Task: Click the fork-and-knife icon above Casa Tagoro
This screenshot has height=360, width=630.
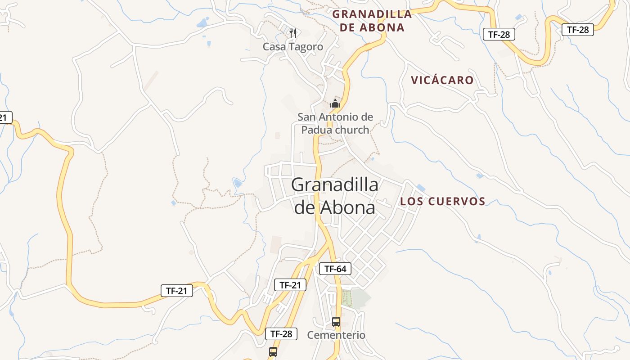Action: coord(293,32)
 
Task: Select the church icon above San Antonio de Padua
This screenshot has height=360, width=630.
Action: coord(335,104)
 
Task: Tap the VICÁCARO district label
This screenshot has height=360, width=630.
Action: coord(442,81)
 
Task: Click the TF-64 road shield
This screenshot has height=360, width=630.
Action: coord(335,269)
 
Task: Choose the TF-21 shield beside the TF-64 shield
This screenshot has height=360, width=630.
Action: coord(290,285)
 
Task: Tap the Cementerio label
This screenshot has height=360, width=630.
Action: coord(336,335)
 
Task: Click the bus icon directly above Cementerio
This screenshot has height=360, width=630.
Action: coord(336,322)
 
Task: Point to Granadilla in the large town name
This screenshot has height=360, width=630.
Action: coord(335,184)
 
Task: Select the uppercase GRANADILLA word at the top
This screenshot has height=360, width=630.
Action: coord(372,14)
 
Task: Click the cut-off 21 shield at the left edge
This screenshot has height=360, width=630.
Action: coord(4,118)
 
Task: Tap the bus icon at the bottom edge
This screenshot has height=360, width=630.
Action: coord(273,352)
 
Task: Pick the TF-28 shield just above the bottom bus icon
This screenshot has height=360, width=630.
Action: coord(281,334)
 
